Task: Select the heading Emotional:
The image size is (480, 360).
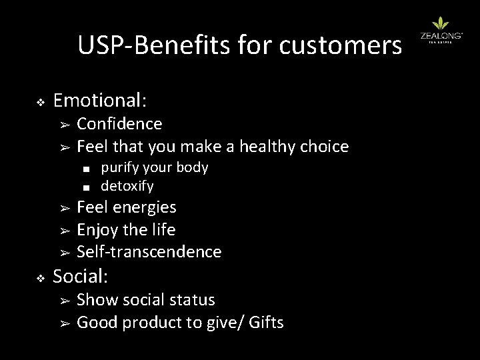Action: point(100,101)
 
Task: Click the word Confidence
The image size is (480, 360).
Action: point(119,124)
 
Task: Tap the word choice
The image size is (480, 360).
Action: point(327,146)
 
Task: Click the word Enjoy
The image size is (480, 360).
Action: point(97,230)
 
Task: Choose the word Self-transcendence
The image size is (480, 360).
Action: point(149,252)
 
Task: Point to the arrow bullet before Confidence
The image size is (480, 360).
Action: point(65,125)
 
